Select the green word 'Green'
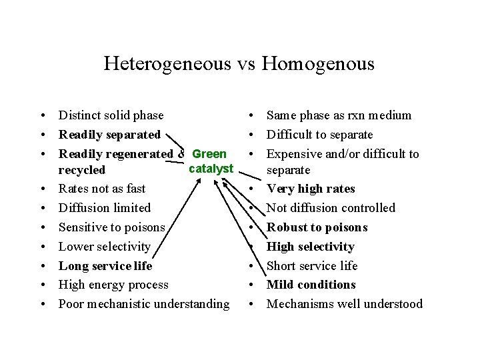(209, 154)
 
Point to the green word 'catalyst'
(211, 168)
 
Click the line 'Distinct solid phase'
(111, 115)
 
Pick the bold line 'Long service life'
(105, 265)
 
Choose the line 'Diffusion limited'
(105, 208)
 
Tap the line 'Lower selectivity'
(105, 247)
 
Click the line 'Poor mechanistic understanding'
(144, 304)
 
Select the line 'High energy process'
(113, 285)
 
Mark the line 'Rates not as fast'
(102, 189)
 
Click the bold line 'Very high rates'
(311, 189)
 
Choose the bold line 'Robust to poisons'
(317, 227)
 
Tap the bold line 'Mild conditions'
(311, 285)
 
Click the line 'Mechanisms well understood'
(345, 304)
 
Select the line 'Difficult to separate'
(319, 135)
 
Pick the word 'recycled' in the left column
(82, 170)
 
